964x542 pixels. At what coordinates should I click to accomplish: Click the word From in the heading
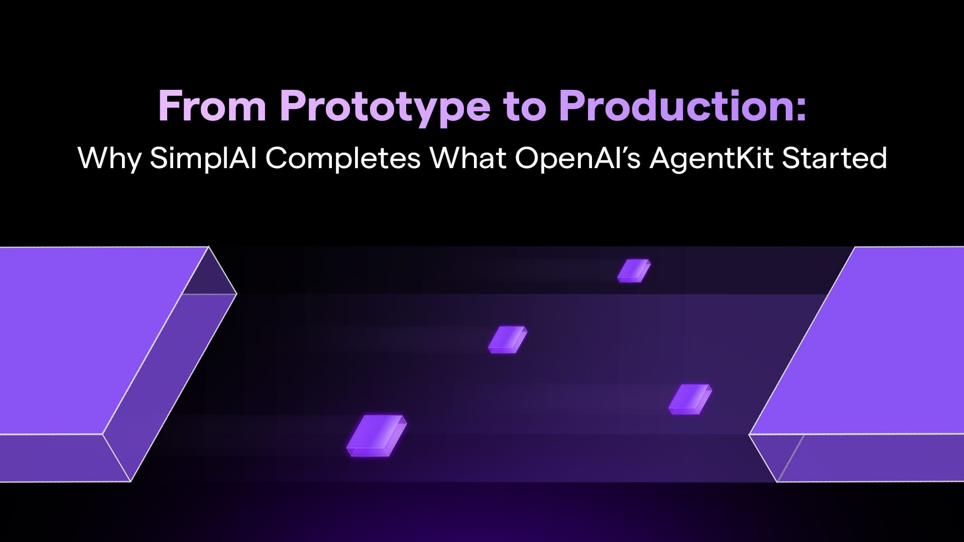tap(212, 106)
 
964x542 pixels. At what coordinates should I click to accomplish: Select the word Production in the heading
tap(675, 106)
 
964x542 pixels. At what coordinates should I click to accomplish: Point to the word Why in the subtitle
tap(109, 159)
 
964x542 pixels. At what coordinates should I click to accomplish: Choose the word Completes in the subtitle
tap(343, 159)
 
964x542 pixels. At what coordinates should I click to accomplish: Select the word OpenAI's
tap(577, 159)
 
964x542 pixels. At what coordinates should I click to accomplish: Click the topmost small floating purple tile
tap(634, 271)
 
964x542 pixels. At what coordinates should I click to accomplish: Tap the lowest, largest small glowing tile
tap(377, 436)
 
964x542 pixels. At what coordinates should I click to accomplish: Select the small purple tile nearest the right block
tap(690, 399)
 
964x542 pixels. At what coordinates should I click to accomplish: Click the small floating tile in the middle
tap(508, 340)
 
